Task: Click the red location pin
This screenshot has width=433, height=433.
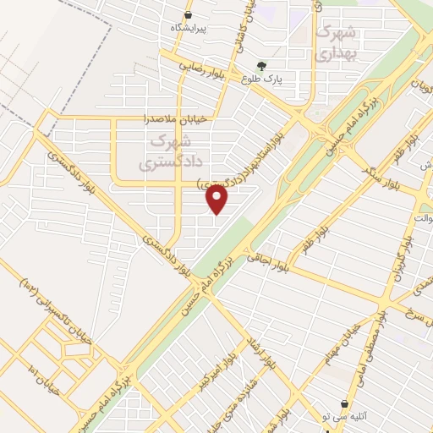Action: [217, 200]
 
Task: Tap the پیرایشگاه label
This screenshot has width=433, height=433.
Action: [189, 27]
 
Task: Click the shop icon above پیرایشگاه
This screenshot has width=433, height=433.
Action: [189, 14]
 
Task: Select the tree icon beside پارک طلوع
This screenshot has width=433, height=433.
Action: [262, 66]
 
